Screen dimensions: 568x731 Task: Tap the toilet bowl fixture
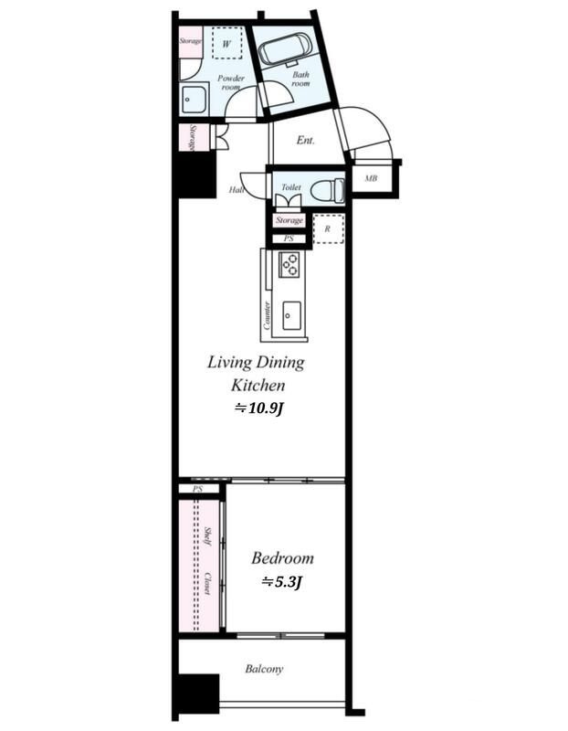point(327,191)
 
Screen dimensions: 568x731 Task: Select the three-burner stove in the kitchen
point(289,264)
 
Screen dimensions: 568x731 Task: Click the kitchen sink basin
point(291,315)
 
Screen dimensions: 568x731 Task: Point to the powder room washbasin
point(194,100)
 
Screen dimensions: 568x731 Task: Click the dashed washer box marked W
point(226,43)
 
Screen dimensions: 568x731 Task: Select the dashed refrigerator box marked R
point(328,229)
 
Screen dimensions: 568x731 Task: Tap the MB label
point(371,178)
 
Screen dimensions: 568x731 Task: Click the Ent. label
point(306,140)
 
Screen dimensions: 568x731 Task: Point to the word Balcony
point(264,669)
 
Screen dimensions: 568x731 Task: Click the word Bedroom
point(282,558)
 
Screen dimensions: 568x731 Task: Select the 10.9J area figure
point(259,408)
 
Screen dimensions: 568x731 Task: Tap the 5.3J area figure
point(282,582)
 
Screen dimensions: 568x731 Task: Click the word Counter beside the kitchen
point(267,315)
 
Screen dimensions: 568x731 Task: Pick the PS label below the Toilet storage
point(289,238)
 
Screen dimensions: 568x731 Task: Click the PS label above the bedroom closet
point(198,489)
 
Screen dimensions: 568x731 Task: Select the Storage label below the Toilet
point(289,220)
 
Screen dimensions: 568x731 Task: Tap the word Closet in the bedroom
point(206,583)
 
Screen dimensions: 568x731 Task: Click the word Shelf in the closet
point(208,536)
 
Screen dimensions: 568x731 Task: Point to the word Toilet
point(291,187)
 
